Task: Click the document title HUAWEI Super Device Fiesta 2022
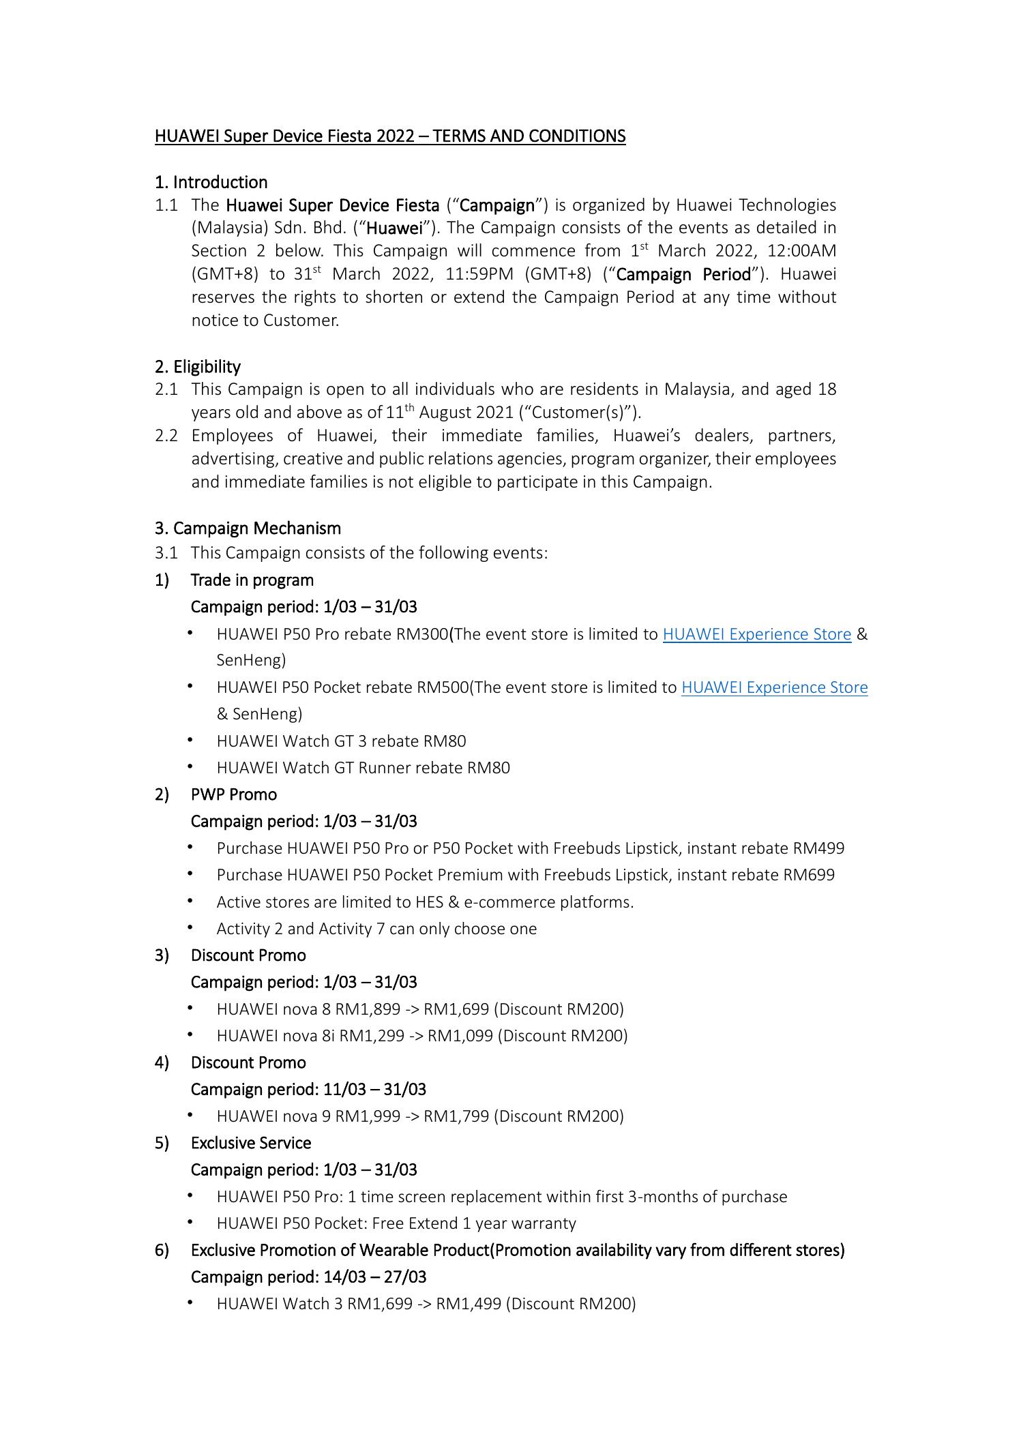(389, 136)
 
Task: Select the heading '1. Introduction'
(211, 182)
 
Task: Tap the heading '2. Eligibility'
(197, 367)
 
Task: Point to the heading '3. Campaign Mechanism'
(248, 528)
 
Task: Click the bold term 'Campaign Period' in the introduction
(683, 275)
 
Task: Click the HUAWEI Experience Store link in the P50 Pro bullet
(756, 634)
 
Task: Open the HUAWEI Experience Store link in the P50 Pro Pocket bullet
(774, 687)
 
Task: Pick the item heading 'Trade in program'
(252, 580)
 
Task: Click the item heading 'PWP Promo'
(233, 794)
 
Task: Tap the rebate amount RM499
(818, 848)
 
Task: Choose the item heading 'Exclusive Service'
(250, 1143)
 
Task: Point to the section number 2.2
(166, 436)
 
